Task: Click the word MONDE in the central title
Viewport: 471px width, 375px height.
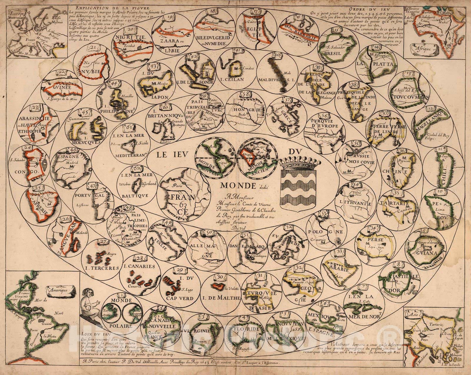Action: point(233,185)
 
